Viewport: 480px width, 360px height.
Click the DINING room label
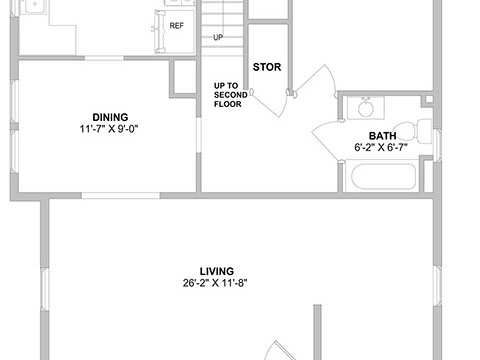[x=110, y=117]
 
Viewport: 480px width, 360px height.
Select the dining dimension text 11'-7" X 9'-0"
[x=109, y=129]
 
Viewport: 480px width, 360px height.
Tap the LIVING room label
[x=217, y=271]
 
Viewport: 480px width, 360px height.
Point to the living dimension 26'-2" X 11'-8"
[x=215, y=283]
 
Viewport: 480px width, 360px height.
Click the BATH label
[x=382, y=136]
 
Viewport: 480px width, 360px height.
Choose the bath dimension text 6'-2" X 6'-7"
[x=381, y=147]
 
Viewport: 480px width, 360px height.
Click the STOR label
[x=267, y=67]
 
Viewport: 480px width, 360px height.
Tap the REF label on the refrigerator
[x=177, y=26]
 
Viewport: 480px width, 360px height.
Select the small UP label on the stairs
[x=218, y=37]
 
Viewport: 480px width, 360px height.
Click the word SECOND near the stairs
[x=231, y=95]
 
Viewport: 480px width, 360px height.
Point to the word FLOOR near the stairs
[x=228, y=104]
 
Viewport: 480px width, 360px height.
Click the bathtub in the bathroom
[x=383, y=176]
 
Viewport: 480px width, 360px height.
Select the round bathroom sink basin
[x=366, y=108]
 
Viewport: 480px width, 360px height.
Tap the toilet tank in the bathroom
[x=425, y=131]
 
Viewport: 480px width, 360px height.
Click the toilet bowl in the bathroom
[x=404, y=132]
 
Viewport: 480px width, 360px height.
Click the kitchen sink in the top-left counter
[x=35, y=6]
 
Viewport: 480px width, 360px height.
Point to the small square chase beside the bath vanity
[x=429, y=99]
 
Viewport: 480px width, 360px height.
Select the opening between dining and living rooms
[x=121, y=196]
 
